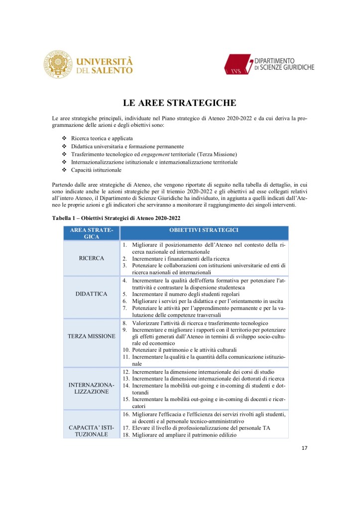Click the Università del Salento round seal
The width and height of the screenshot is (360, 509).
coord(60,64)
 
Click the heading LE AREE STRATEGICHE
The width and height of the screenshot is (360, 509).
coord(180,103)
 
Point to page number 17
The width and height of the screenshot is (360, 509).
coord(305,448)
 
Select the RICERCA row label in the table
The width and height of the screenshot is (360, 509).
coord(92,258)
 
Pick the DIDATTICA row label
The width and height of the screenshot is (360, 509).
coord(92,294)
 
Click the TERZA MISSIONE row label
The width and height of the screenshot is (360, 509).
coord(92,336)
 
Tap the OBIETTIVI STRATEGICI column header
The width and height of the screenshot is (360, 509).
coord(204,230)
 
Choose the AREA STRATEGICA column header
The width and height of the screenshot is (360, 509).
coord(92,233)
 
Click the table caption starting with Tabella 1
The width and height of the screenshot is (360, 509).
coord(116,218)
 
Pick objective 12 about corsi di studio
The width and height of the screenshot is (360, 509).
coord(203,371)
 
